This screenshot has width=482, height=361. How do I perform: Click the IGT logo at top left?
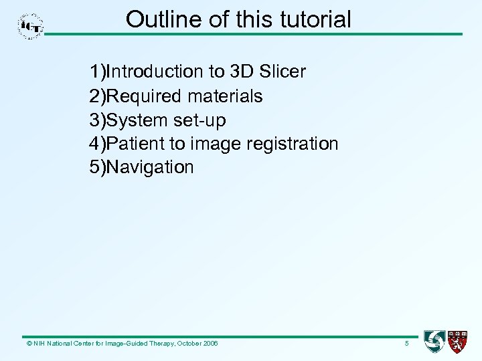click(31, 27)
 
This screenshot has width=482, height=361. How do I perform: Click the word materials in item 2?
click(225, 96)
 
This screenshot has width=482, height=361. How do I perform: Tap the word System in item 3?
click(138, 120)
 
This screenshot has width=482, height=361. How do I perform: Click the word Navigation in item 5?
click(150, 167)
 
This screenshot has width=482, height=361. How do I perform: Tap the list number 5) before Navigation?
click(98, 167)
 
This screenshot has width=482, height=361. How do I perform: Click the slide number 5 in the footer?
click(406, 344)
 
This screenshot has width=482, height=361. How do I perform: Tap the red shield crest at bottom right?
click(457, 342)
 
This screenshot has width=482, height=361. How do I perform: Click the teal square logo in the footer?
click(434, 342)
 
